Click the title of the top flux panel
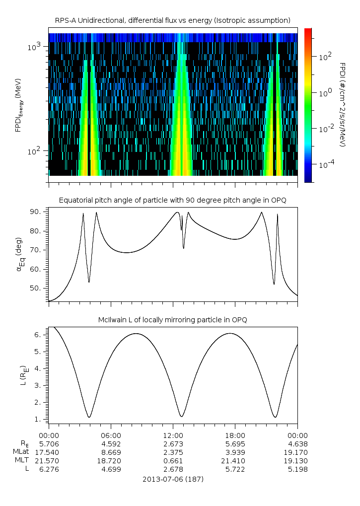172,20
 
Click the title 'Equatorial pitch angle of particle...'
172,200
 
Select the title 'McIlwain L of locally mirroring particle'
172,319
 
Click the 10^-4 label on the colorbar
326,164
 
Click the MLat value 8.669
111,452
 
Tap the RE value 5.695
235,443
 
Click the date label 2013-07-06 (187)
173,480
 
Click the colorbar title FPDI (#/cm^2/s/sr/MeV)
343,105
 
